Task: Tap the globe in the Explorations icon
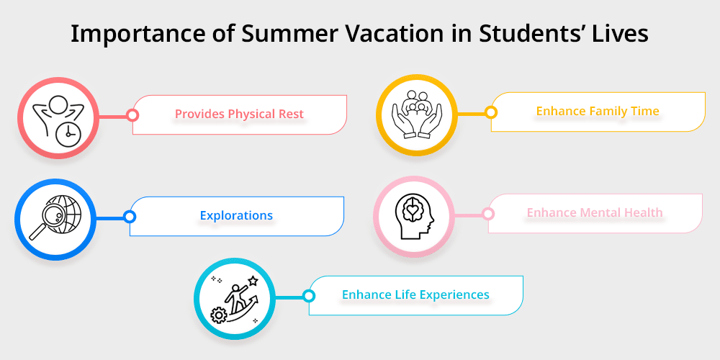coord(60,209)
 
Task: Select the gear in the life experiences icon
coord(218,315)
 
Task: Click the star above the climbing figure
coord(253,280)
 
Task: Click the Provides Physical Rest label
coord(239,114)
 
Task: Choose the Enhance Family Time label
coord(598,112)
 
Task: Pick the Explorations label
coord(236,215)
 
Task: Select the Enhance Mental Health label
coord(595,213)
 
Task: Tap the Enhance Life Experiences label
coord(415,294)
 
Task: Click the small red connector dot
coord(132,114)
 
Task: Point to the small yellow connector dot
coord(490,112)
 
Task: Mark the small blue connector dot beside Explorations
coord(129,216)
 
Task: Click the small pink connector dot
coord(487,214)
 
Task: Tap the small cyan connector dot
coord(308,295)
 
